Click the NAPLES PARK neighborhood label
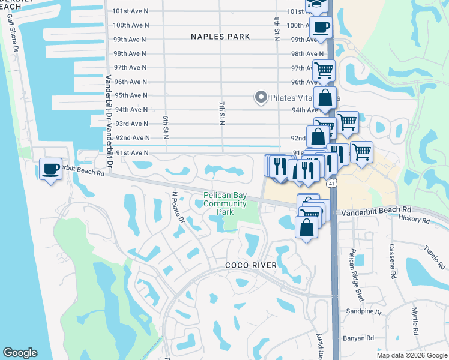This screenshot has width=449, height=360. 220,37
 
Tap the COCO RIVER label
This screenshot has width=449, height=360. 251,265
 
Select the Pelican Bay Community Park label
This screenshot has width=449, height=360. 225,203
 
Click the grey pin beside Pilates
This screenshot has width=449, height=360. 261,97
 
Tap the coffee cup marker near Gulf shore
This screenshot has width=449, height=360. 51,169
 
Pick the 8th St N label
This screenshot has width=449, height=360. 277,29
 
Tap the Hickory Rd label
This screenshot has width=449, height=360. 414,220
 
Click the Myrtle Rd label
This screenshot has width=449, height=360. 415,321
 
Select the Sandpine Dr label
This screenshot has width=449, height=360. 364,311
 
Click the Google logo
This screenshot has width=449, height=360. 20,353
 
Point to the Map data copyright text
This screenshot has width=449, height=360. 412,355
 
